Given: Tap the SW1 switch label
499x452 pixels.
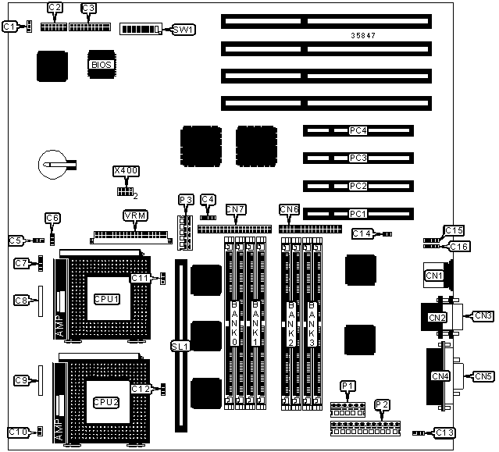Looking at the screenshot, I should pyautogui.click(x=184, y=30).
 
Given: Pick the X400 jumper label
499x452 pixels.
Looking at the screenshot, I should pyautogui.click(x=125, y=170).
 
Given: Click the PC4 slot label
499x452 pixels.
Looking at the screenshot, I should pyautogui.click(x=358, y=131).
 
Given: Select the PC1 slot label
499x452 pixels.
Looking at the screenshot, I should pyautogui.click(x=358, y=212).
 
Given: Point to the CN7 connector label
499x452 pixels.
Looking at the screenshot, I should pyautogui.click(x=235, y=209).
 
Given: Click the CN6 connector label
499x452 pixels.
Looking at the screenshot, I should pyautogui.click(x=289, y=209).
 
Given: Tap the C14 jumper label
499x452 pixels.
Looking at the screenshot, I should pyautogui.click(x=362, y=233).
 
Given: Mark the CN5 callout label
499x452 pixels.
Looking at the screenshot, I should pyautogui.click(x=484, y=376).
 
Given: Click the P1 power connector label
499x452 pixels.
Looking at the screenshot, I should pyautogui.click(x=348, y=386).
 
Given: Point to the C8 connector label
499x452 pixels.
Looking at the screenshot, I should pyautogui.click(x=21, y=300).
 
